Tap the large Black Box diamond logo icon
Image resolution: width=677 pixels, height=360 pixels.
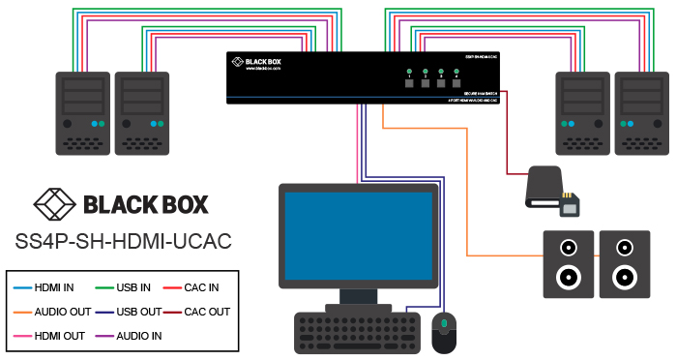[x=54, y=204]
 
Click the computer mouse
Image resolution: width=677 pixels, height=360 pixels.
[x=444, y=332]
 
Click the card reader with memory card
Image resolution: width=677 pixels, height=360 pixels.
[x=551, y=192]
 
